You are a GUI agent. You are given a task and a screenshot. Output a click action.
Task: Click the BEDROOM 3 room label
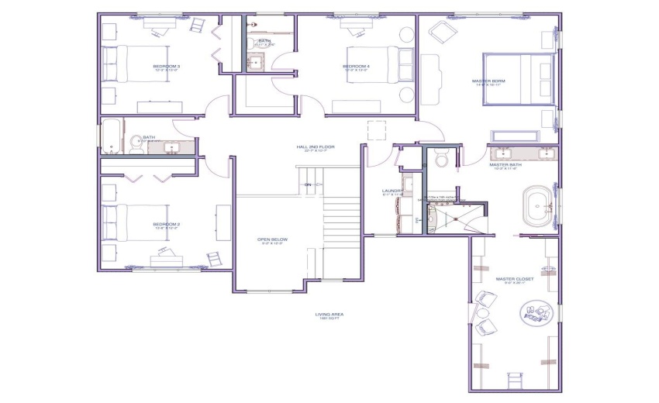coord(167,67)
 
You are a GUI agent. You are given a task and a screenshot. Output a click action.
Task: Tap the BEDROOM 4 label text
coord(356,67)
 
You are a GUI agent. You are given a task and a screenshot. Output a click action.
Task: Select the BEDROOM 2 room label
coord(167,225)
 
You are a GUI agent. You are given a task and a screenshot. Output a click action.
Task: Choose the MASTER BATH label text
coord(505,165)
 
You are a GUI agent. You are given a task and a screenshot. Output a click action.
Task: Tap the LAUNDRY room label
coord(392,191)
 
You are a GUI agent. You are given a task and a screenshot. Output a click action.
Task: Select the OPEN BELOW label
coord(272,240)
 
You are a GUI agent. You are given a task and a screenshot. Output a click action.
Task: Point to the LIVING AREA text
coord(329,315)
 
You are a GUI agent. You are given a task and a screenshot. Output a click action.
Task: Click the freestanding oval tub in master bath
coord(539,207)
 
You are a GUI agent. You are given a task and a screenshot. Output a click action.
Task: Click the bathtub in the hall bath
coord(112,137)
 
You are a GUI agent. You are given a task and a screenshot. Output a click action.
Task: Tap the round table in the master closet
coord(536,312)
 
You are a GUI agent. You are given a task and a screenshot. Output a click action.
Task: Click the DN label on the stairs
coord(307,184)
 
